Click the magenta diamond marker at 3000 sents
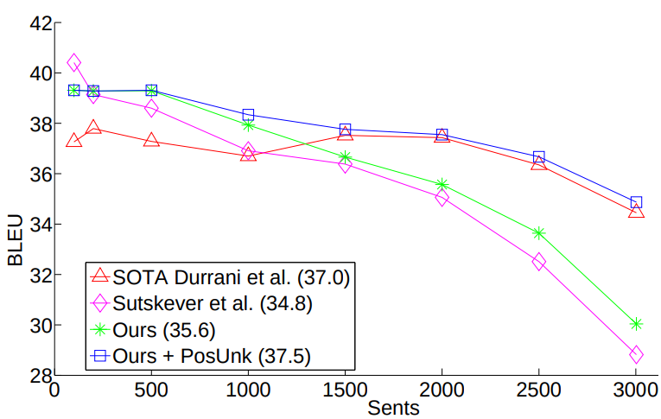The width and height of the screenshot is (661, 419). pos(636,354)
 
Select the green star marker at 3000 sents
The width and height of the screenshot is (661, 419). pos(636,324)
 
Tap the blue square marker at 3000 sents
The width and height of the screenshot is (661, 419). pos(636,202)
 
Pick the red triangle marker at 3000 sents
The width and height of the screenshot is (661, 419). pos(636,211)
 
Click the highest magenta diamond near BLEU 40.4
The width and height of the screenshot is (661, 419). pos(73,62)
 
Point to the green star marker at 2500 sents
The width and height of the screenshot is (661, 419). pos(538,232)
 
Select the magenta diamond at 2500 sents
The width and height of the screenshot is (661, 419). pos(538,262)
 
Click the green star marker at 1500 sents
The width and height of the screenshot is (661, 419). pos(345,157)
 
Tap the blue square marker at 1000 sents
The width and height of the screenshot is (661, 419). pos(248,115)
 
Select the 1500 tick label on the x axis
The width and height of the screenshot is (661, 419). pos(345,390)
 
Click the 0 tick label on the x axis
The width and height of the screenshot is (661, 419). pos(54,390)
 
